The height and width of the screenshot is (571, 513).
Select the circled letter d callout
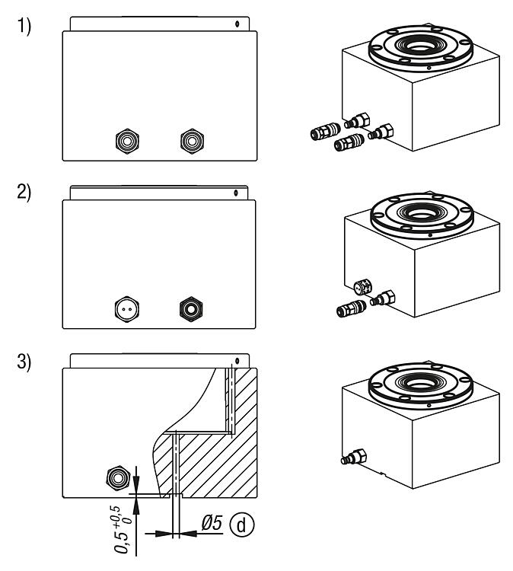pyautogui.click(x=244, y=525)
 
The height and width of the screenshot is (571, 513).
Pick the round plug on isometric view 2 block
pyautogui.click(x=362, y=288)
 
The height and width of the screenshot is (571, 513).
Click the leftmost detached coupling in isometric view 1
pyautogui.click(x=315, y=133)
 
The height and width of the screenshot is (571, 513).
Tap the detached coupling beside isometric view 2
pyautogui.click(x=352, y=309)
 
